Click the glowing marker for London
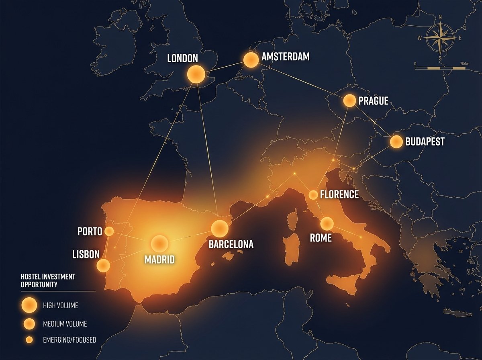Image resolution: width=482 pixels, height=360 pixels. click(196, 74)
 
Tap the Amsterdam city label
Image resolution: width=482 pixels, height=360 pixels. click(285, 57)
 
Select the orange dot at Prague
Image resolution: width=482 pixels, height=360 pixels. click(349, 100)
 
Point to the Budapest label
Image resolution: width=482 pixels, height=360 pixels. click(425, 142)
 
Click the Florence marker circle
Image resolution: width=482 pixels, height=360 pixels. click(313, 195)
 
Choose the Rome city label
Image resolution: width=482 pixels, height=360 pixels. click(321, 238)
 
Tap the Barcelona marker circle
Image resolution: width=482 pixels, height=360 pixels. click(220, 228)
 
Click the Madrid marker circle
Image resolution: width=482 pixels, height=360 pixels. click(159, 243)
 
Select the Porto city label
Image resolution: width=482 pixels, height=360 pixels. click(89, 232)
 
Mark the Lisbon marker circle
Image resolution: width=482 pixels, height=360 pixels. click(103, 265)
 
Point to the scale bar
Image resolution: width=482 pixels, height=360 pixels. click(440, 68)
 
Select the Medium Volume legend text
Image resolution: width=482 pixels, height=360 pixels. click(65, 323)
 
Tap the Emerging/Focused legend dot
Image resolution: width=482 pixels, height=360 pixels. click(29, 340)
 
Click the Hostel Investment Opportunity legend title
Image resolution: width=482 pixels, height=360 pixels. click(48, 280)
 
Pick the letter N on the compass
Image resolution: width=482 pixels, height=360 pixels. click(441, 17)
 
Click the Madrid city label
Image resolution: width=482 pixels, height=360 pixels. click(159, 260)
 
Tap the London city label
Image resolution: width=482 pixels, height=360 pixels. click(182, 59)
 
